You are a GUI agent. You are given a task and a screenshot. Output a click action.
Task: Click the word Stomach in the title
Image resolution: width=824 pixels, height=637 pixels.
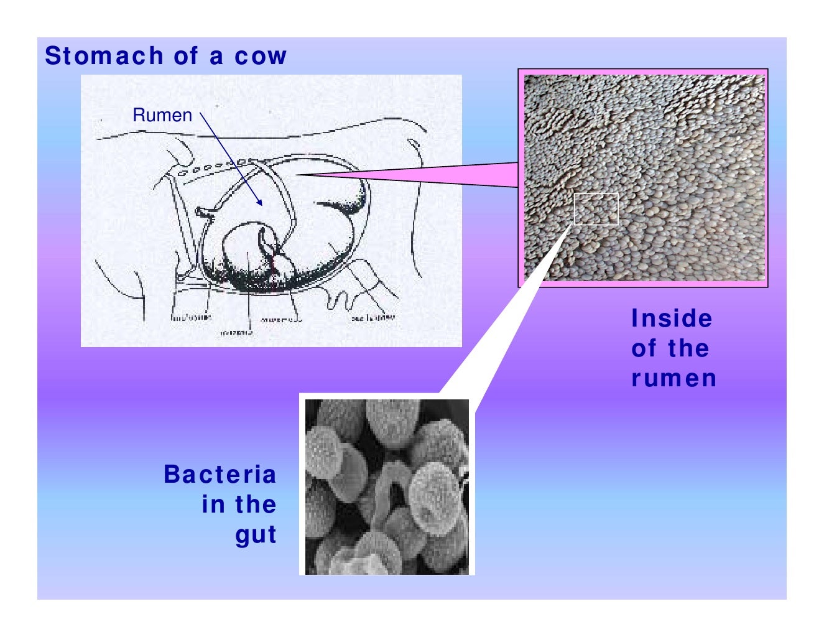click(104, 56)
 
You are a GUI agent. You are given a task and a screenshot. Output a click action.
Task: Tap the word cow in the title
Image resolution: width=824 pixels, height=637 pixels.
click(261, 57)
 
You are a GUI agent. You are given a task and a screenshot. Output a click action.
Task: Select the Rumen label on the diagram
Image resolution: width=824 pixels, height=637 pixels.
click(162, 115)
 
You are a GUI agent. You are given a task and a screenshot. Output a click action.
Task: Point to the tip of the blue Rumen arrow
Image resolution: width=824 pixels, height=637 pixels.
click(262, 205)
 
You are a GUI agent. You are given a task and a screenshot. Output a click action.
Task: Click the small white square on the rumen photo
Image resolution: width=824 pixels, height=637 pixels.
click(596, 209)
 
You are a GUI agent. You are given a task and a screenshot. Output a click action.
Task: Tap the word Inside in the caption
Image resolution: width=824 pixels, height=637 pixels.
click(672, 318)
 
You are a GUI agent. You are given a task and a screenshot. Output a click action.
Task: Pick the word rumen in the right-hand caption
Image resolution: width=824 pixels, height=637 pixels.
click(674, 378)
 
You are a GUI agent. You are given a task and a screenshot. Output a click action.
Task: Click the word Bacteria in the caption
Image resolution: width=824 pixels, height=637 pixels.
click(220, 475)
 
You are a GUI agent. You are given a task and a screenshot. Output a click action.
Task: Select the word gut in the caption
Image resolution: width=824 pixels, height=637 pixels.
click(256, 535)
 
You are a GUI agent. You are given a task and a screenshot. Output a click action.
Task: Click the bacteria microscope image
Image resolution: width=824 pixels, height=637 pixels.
click(387, 486)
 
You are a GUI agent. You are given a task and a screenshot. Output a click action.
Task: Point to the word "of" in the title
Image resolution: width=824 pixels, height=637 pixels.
click(186, 56)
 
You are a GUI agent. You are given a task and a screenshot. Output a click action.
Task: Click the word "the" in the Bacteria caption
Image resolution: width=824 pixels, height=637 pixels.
click(256, 504)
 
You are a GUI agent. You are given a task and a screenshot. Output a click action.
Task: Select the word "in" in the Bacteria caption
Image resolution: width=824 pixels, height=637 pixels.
click(213, 504)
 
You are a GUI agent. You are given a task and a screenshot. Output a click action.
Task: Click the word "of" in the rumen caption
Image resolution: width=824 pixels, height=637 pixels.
click(644, 348)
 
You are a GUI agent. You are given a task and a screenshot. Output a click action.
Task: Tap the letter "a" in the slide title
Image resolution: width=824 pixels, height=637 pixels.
click(216, 57)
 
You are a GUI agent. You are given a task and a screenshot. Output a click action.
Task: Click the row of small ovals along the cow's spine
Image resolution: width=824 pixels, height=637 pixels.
click(211, 167)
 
